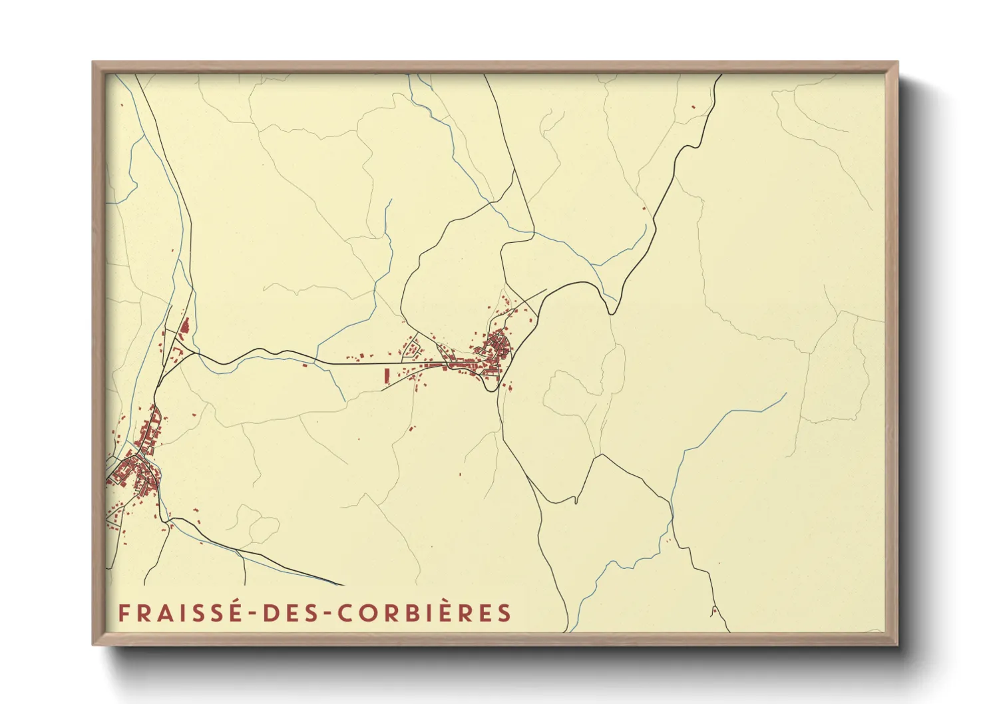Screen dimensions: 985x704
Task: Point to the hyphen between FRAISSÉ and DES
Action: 252,614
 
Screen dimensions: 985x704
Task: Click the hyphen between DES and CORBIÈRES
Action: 324,614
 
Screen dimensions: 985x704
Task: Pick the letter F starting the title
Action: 123,613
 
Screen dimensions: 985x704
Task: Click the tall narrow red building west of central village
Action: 385,375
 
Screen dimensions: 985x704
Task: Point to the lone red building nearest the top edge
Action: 693,106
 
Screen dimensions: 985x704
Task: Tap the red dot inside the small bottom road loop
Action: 713,610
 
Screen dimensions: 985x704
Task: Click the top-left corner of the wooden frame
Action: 93,63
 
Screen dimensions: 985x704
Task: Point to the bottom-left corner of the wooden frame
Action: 93,644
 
